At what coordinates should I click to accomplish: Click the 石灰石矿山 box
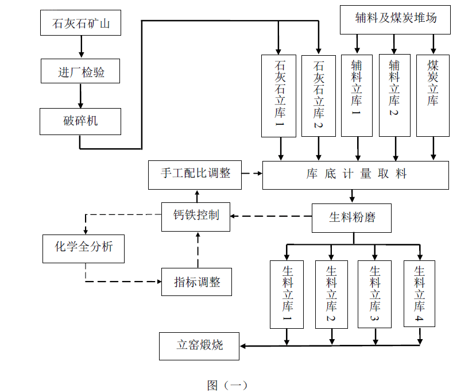click(80, 24)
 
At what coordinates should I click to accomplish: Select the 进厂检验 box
click(80, 72)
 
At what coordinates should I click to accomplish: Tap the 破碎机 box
click(80, 121)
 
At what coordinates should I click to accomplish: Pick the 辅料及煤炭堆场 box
click(396, 19)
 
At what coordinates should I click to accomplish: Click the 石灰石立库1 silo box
click(279, 95)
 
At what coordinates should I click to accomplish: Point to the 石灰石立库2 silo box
click(319, 95)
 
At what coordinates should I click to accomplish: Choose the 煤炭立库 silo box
click(433, 95)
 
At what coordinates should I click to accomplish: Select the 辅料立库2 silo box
click(394, 95)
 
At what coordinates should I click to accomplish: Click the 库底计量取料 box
click(355, 175)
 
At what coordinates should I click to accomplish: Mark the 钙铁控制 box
click(196, 217)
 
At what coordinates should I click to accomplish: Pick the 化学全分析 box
click(84, 248)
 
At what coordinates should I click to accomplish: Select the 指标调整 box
click(196, 282)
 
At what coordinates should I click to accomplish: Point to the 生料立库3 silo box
click(375, 294)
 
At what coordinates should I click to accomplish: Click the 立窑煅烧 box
click(199, 346)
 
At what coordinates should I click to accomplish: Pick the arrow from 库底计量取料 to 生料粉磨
click(352, 196)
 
